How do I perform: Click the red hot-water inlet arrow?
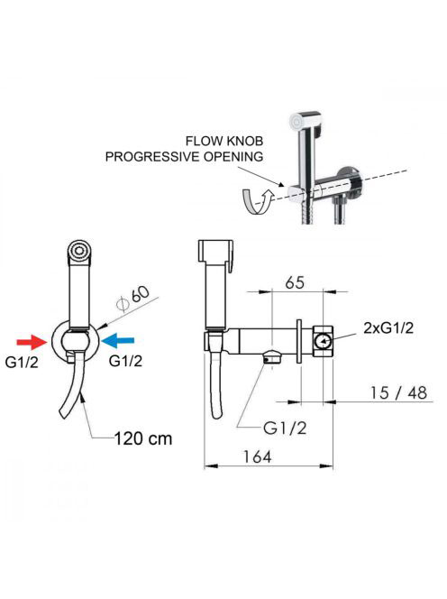(32, 342)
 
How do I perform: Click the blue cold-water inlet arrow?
(118, 340)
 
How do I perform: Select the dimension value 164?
(257, 456)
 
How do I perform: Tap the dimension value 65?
(295, 282)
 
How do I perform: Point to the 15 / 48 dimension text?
(398, 392)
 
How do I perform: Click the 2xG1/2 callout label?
(388, 327)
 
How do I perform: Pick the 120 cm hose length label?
(143, 438)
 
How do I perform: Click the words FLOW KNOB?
(224, 141)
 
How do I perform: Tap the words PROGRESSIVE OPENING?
(184, 157)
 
